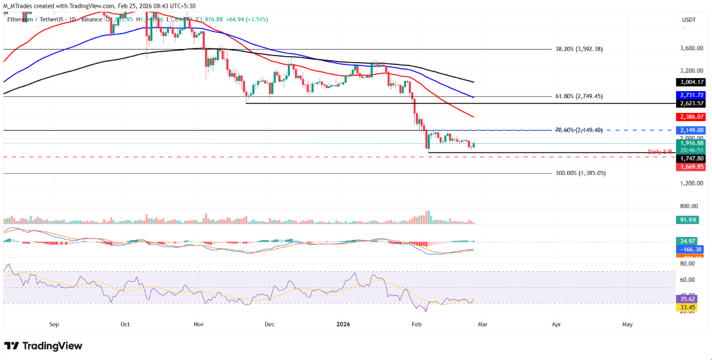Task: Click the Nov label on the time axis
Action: click(199, 324)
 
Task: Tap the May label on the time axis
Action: click(628, 324)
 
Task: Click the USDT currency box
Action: click(688, 20)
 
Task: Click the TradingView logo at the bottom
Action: click(43, 346)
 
